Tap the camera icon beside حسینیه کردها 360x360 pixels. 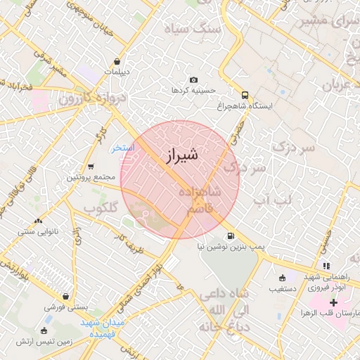(x=193, y=80)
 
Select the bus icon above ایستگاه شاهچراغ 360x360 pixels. (x=244, y=94)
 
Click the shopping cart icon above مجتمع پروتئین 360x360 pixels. (x=91, y=167)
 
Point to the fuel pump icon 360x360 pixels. (x=231, y=236)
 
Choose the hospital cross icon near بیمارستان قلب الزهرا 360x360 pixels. (x=333, y=302)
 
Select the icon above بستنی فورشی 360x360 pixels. (x=65, y=297)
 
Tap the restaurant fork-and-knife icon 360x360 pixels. (x=326, y=265)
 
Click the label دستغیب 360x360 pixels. (x=282, y=288)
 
